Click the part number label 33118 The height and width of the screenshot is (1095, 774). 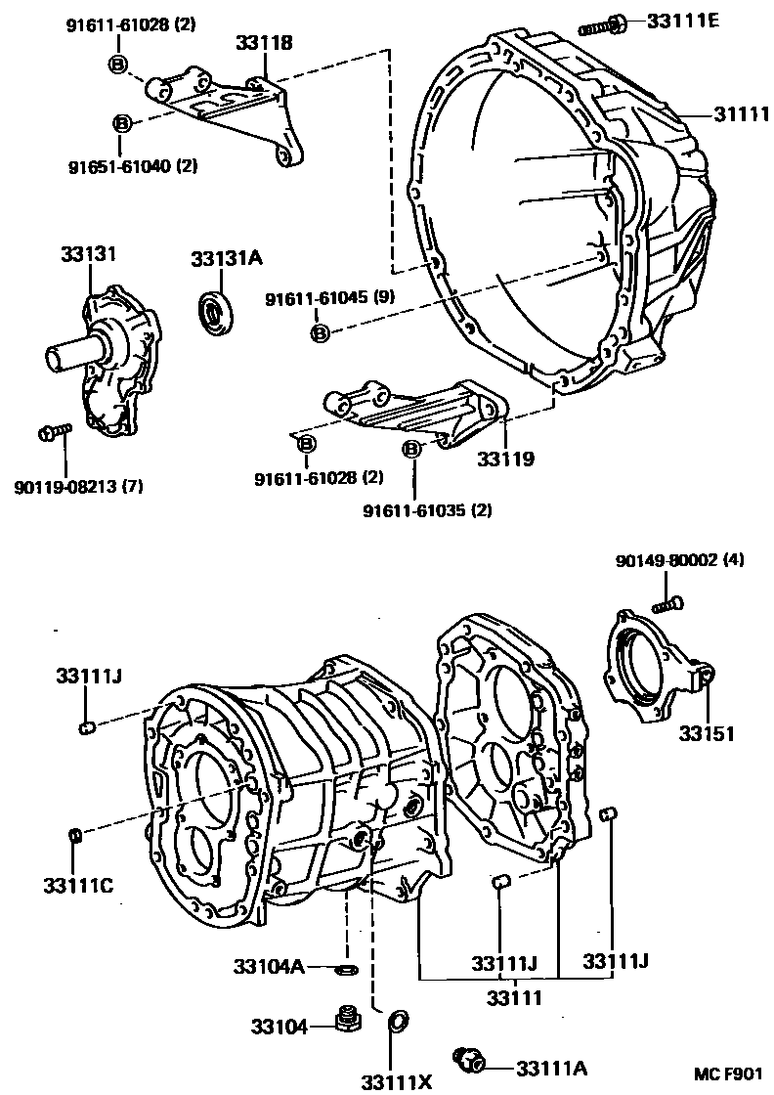coord(264,42)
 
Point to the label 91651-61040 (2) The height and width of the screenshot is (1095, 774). coord(119,166)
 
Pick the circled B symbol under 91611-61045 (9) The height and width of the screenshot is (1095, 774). coord(319,333)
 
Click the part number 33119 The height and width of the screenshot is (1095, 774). coord(505,458)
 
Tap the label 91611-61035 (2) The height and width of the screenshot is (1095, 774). coord(427,510)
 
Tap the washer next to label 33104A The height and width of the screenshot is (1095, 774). coord(346,968)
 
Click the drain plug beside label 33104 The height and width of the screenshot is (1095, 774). coord(344,1022)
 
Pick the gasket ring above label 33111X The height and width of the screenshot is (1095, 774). coord(398,1023)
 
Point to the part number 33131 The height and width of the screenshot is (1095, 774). coord(84,254)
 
